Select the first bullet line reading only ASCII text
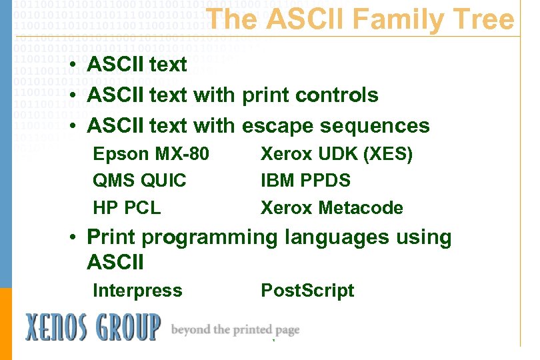[137, 65]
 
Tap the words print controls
[310, 95]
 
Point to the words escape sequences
[336, 125]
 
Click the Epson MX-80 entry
[151, 154]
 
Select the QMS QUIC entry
[139, 181]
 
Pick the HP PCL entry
[127, 207]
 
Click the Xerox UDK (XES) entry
[337, 154]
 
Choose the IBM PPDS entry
[305, 181]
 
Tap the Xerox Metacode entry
[331, 207]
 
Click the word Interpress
[137, 291]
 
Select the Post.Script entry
[307, 291]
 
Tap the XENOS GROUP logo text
[93, 327]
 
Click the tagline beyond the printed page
[235, 329]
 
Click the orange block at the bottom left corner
[5, 323]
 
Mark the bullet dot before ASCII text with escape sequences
[78, 126]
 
